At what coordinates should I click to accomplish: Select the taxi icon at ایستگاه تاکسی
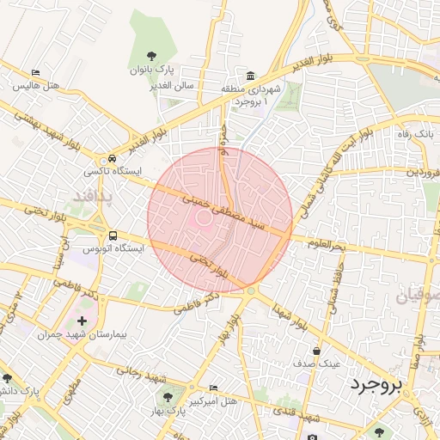(x=112, y=159)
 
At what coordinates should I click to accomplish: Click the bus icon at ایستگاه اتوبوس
(x=113, y=235)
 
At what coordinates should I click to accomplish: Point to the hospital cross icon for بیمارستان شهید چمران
(x=82, y=320)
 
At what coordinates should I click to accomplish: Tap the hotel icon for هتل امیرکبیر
(x=213, y=388)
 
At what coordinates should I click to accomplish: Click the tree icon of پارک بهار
(x=168, y=398)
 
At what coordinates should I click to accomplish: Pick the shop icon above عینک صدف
(x=317, y=351)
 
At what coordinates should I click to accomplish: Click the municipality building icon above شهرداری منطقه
(x=249, y=75)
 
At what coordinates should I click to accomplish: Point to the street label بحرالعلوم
(x=323, y=246)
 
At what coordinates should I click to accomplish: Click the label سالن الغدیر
(x=172, y=86)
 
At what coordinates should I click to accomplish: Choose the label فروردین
(x=422, y=173)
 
